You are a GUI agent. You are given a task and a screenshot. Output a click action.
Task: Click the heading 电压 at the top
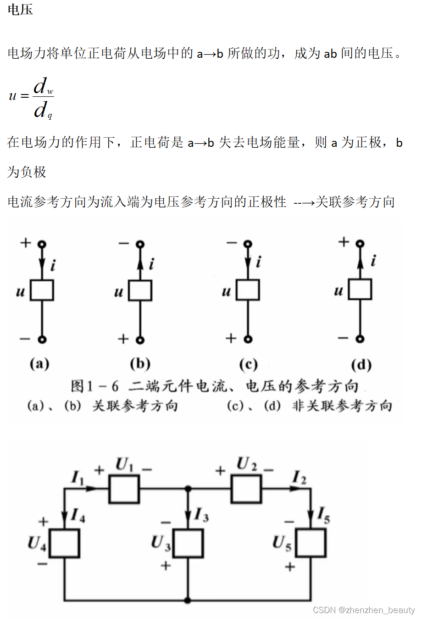tap(20, 10)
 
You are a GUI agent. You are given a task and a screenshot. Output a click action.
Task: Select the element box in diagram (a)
tap(42, 290)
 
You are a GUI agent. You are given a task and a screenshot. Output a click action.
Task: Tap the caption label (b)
tap(140, 363)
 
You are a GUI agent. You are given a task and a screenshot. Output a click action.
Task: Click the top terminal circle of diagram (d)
tap(360, 243)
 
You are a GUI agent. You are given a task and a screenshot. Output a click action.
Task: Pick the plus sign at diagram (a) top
tap(26, 242)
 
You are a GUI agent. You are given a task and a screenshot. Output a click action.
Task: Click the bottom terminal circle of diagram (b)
tap(140, 340)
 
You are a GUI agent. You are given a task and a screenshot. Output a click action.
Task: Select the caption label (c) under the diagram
tap(248, 364)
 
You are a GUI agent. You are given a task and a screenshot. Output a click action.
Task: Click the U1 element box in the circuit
tap(124, 489)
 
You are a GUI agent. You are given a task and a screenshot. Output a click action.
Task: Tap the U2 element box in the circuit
tap(246, 489)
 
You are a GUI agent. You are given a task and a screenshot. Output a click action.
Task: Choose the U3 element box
tap(188, 543)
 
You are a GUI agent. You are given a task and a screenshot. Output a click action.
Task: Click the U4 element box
tap(64, 543)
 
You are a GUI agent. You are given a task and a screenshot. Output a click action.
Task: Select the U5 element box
tap(311, 543)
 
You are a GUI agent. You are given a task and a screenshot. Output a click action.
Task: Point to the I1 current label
tap(78, 478)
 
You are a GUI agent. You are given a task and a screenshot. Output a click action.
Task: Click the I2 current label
tap(299, 478)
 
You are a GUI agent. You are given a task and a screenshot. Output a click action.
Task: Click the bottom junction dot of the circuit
tap(188, 600)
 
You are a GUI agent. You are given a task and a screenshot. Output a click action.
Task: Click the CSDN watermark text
tap(363, 610)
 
